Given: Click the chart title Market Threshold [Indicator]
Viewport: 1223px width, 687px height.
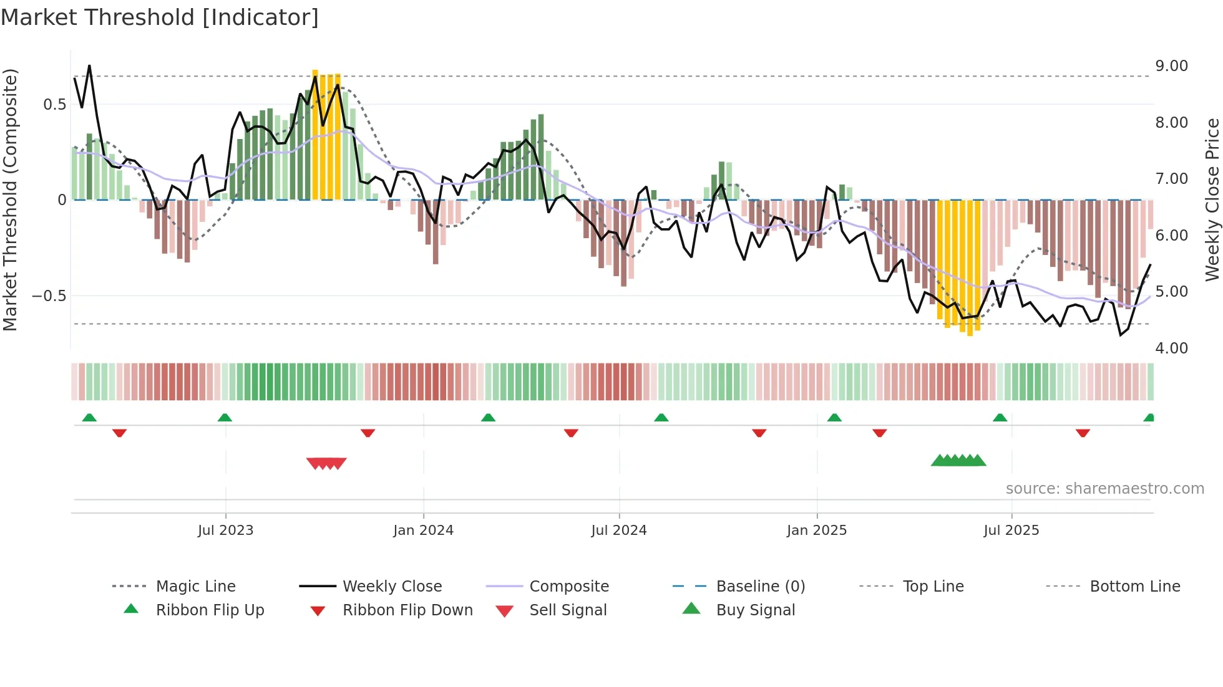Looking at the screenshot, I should tap(160, 17).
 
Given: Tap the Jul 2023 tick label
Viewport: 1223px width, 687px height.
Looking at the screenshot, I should tap(225, 531).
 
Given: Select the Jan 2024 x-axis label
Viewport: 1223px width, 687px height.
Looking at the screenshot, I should tap(423, 531).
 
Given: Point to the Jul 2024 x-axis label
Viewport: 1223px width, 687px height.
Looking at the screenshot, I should tap(618, 531).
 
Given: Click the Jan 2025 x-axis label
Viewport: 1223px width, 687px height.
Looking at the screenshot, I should tap(816, 531).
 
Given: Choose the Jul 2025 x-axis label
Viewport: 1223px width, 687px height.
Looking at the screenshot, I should tap(1011, 531).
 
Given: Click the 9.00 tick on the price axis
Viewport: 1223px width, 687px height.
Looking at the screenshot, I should tap(1171, 66).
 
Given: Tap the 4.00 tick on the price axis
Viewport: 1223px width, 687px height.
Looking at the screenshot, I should tap(1171, 348).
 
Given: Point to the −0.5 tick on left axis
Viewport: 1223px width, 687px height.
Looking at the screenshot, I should tap(49, 295).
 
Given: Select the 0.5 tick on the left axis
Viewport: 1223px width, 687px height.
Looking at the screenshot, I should tap(54, 105).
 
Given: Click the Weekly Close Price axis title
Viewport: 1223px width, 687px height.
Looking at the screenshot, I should tap(1212, 199).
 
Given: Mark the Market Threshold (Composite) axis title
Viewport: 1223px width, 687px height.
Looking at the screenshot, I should tap(10, 199).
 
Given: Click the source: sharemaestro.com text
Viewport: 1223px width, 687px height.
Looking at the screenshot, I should tap(1104, 489).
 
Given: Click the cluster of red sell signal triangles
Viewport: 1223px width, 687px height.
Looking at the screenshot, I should tap(326, 463).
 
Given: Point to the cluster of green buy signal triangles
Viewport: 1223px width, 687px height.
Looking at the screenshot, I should tap(958, 461).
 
